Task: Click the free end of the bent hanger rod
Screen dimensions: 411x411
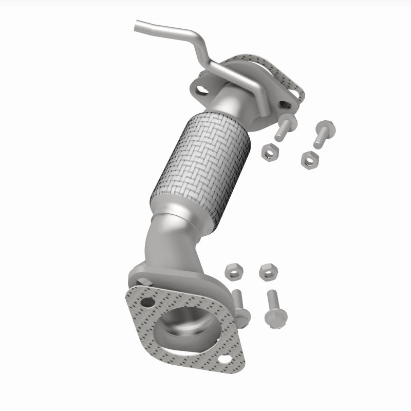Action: (138, 24)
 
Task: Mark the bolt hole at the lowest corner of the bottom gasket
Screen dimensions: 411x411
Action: (225, 361)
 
